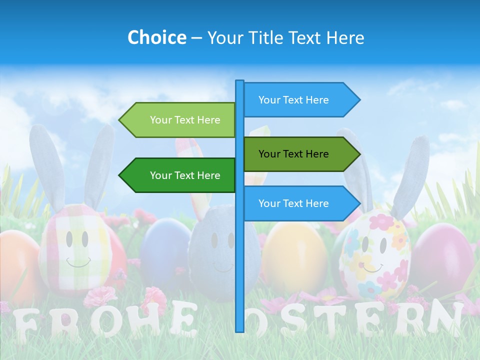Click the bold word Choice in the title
pyautogui.click(x=156, y=38)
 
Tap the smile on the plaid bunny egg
pyautogui.click(x=78, y=261)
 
